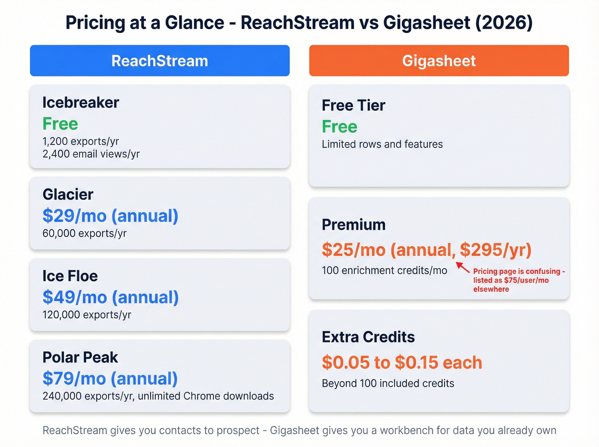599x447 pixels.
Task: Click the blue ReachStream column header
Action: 160,61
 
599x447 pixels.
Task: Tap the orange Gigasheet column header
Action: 439,61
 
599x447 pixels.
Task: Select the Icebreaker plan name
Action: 80,103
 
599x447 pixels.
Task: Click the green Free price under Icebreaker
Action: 60,124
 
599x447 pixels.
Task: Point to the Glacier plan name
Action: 68,195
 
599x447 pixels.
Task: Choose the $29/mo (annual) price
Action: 110,216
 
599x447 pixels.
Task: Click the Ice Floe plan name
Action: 70,276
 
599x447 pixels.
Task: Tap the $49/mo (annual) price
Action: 110,297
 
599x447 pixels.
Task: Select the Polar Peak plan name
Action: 80,358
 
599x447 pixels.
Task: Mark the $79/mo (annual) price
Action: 110,379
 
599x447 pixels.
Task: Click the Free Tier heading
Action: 353,106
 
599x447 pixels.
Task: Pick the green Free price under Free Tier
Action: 339,127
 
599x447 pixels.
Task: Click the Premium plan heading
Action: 353,225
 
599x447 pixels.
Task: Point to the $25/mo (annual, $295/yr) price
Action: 427,250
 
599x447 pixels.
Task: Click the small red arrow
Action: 463,267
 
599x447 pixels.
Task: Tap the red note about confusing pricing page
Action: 519,280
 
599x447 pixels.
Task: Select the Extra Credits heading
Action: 368,337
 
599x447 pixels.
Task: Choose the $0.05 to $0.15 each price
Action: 402,363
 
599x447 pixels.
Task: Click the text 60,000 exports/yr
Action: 85,234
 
